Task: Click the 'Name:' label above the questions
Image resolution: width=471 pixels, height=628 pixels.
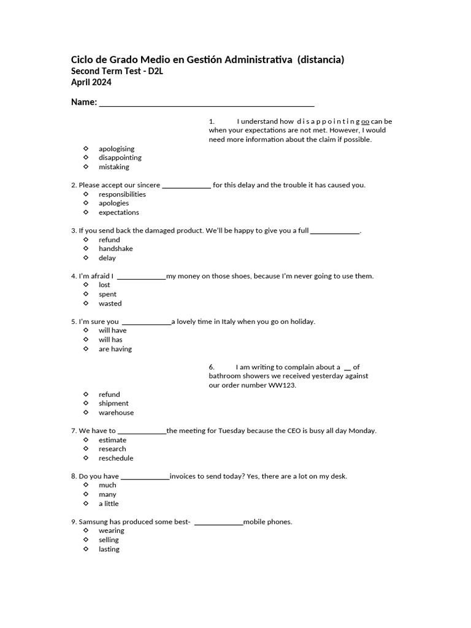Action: click(83, 102)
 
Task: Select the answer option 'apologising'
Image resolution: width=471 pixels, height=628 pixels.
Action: click(117, 148)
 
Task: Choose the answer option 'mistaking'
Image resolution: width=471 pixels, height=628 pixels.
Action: click(114, 167)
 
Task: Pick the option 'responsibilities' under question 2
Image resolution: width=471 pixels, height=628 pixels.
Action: click(122, 194)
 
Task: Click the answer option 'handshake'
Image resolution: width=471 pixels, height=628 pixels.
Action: click(115, 248)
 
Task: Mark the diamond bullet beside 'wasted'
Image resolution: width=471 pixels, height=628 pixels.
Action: click(86, 303)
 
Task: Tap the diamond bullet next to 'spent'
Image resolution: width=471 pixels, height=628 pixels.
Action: click(86, 294)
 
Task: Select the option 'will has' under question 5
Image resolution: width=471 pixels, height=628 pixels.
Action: click(110, 339)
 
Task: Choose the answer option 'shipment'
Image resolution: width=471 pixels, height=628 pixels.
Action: click(113, 403)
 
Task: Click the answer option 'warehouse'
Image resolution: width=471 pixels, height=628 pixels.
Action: click(116, 413)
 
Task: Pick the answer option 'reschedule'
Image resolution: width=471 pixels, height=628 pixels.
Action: click(116, 458)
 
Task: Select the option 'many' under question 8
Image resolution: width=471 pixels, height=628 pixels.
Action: click(107, 494)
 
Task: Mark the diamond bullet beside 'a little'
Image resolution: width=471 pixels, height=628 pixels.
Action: click(86, 504)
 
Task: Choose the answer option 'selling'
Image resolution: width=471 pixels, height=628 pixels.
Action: click(109, 540)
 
